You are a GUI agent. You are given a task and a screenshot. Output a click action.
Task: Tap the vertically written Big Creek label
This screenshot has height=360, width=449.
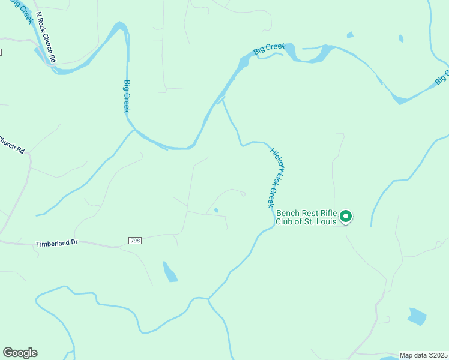coord(127,96)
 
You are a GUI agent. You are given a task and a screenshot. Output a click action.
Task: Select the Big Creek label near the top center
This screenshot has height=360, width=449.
coord(268,49)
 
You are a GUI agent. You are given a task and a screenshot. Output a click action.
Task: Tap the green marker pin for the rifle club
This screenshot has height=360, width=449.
coord(346,216)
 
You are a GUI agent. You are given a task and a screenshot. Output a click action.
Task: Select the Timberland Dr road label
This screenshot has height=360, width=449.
coord(58,244)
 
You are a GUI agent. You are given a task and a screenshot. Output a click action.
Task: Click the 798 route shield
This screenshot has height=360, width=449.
coord(135,241)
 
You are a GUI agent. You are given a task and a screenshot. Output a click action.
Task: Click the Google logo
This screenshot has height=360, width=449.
coord(20,353)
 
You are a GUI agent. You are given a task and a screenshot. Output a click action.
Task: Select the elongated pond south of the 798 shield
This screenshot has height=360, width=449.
coord(170,272)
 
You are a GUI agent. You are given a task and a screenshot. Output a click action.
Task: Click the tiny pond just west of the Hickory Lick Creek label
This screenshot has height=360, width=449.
coord(216,210)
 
